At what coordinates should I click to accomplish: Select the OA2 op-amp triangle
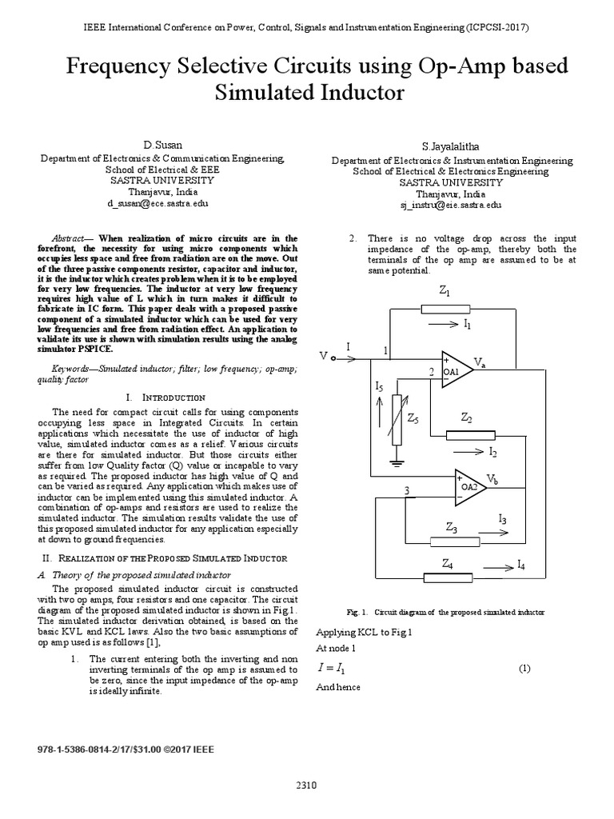tap(468, 486)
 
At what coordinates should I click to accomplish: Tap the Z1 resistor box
tap(445, 309)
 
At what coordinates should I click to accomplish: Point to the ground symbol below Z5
tap(395, 461)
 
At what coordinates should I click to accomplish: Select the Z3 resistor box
tap(453, 540)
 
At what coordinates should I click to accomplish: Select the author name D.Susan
tap(163, 145)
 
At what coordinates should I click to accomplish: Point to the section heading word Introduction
tap(173, 398)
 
